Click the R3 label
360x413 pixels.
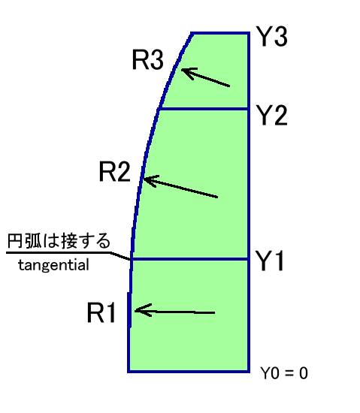click(147, 60)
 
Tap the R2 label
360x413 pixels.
click(115, 171)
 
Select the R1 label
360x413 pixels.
click(101, 312)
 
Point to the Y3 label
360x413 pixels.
click(272, 37)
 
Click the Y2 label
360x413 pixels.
click(272, 115)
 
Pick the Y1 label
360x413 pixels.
click(270, 261)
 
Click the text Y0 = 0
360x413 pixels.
click(284, 373)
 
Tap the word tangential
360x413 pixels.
click(53, 265)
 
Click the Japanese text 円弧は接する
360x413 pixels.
click(59, 241)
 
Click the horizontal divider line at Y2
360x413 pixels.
click(204, 109)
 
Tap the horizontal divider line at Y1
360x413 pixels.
click(189, 260)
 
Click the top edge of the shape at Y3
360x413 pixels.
click(220, 34)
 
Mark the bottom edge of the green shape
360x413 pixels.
click(189, 372)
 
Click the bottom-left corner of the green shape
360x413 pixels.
click(129, 372)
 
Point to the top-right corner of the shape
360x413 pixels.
click(249, 33)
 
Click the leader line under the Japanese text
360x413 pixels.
click(68, 253)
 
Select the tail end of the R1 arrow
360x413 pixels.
click(215, 313)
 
